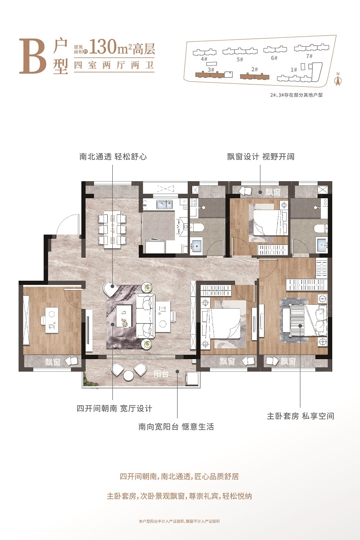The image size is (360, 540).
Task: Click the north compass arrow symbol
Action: tap(338, 81)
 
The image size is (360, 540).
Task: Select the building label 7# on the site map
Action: tap(309, 56)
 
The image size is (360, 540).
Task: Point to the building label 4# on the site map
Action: tap(204, 59)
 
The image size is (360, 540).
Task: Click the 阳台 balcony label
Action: tap(161, 374)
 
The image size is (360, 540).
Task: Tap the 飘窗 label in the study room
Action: tap(52, 362)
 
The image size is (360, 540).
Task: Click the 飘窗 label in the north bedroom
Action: tap(273, 192)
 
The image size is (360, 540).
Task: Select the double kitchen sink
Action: tap(164, 204)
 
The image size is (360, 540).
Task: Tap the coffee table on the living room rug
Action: tap(124, 316)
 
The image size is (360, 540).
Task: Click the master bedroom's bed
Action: tap(305, 320)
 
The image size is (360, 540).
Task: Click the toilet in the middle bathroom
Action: tap(197, 228)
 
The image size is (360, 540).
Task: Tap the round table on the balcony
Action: tap(128, 375)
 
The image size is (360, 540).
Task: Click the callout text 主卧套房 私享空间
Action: tap(301, 416)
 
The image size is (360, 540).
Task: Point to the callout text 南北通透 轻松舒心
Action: tap(113, 157)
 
